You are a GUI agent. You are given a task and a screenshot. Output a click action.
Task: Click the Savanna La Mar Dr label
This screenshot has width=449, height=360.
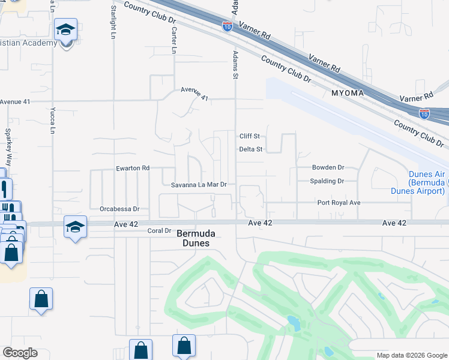click(x=199, y=185)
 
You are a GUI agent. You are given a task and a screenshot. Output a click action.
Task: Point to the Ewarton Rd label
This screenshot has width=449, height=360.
click(x=133, y=169)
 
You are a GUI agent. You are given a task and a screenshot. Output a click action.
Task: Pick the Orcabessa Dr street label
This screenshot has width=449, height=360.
click(x=119, y=209)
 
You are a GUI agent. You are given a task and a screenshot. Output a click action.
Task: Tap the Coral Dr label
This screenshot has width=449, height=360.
click(x=160, y=230)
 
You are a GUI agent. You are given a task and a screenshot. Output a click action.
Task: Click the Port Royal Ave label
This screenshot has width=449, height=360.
click(x=339, y=203)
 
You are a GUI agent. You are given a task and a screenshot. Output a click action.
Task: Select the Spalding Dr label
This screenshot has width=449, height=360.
click(x=327, y=181)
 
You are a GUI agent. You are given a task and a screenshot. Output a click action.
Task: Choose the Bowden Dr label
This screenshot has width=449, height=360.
click(x=328, y=167)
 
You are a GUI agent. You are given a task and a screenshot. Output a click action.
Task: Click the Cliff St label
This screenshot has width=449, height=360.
click(x=249, y=136)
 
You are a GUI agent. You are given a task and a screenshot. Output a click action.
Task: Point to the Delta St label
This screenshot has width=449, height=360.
click(x=251, y=149)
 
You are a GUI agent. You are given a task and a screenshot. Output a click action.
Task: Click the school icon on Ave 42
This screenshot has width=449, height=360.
click(x=76, y=227)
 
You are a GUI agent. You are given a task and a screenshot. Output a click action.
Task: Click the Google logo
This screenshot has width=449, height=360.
click(x=20, y=353)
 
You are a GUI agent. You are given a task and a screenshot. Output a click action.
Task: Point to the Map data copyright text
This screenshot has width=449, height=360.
click(x=411, y=355)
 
